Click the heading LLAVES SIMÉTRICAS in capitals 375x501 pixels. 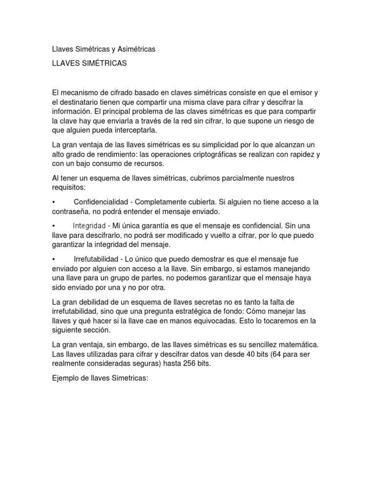coord(89,63)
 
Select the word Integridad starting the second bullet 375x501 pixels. coord(89,226)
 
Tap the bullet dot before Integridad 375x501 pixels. coord(53,226)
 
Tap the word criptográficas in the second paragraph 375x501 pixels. coord(216,154)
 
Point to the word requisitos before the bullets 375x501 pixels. coord(68,187)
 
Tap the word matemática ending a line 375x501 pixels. coord(297,345)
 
